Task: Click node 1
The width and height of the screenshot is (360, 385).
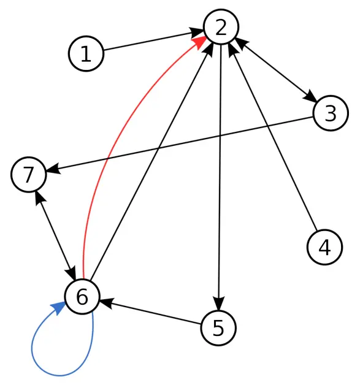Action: (x=86, y=53)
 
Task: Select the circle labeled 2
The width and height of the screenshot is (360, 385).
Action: (x=221, y=27)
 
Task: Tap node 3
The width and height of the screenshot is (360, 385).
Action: (x=331, y=113)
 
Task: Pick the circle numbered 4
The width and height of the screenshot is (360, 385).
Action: (x=324, y=247)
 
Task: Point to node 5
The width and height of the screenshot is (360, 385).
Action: (x=218, y=328)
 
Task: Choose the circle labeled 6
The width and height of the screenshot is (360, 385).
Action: (x=82, y=297)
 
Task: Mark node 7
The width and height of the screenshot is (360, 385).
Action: (x=28, y=175)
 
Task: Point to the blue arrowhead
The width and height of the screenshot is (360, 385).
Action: (x=58, y=308)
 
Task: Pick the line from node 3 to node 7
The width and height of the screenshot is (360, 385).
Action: (x=180, y=144)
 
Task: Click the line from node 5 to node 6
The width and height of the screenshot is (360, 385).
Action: (x=150, y=313)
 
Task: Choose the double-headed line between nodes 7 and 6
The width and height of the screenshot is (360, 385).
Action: (x=55, y=235)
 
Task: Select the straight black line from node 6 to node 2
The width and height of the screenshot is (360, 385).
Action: (x=151, y=161)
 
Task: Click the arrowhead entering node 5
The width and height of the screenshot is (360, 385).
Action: (x=218, y=304)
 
